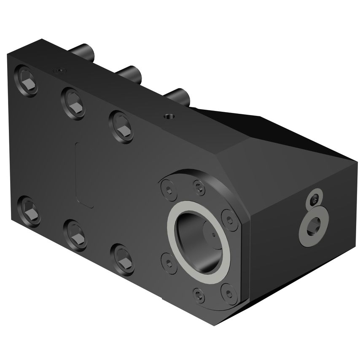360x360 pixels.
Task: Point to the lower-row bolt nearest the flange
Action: point(122,258)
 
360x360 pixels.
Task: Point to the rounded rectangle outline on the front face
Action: point(84,175)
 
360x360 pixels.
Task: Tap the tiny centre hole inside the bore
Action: point(214,234)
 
